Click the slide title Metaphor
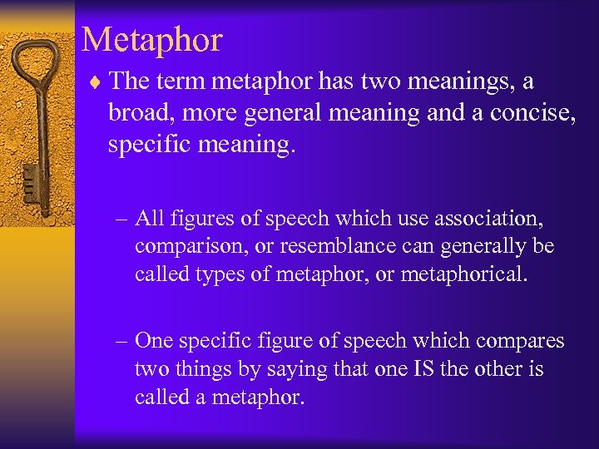click(x=152, y=40)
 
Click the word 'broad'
click(x=139, y=113)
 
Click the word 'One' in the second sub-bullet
click(x=155, y=341)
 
